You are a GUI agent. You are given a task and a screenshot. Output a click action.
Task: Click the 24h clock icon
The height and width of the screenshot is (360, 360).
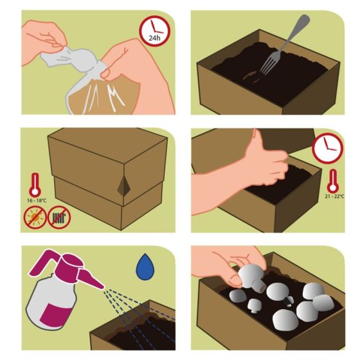[154, 31]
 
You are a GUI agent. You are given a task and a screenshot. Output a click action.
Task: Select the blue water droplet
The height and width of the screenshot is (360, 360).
[145, 266]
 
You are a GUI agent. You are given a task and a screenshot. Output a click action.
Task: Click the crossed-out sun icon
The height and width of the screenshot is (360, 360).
[35, 217]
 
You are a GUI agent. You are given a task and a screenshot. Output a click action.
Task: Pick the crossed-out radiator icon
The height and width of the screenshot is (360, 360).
[59, 217]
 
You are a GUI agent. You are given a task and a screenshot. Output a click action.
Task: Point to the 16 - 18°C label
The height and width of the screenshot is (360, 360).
[37, 201]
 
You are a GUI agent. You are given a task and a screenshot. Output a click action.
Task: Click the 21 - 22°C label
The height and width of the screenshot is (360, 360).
[334, 196]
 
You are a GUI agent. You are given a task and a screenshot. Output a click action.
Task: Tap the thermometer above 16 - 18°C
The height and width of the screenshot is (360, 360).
[35, 185]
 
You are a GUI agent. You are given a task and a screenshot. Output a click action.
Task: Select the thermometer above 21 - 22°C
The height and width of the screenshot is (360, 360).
[333, 181]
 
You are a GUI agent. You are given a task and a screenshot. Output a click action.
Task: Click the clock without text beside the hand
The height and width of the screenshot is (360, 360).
[328, 148]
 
